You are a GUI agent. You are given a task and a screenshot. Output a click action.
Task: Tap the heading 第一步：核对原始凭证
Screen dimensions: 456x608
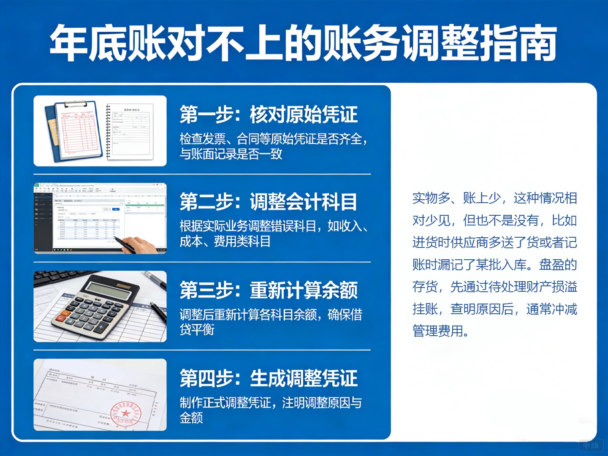click(x=269, y=115)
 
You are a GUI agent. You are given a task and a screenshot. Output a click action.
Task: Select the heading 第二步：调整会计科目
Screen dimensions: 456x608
click(x=269, y=202)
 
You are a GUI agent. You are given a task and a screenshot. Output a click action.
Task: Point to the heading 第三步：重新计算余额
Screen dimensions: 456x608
click(x=269, y=290)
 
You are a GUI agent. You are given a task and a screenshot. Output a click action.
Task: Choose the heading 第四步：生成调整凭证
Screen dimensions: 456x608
click(x=269, y=378)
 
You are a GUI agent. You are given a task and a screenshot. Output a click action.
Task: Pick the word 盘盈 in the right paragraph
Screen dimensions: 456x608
click(x=551, y=265)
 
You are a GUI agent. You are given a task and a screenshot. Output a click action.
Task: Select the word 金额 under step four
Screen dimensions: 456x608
click(x=191, y=418)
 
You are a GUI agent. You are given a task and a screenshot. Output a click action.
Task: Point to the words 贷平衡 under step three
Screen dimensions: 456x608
click(x=197, y=329)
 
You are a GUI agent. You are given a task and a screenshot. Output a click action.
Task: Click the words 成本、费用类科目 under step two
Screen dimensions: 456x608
click(x=225, y=242)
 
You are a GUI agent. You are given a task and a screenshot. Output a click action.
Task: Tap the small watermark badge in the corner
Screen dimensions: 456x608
click(x=591, y=445)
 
